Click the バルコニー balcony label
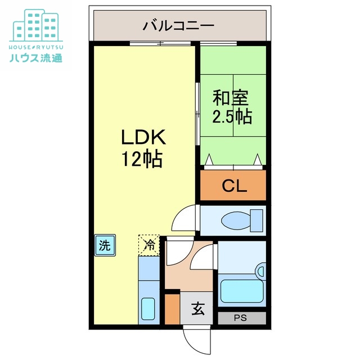[x=178, y=25]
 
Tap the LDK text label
[x=142, y=138]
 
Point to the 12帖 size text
[x=142, y=160]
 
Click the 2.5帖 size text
[x=231, y=117]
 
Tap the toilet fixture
[x=241, y=219]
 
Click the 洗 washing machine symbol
[x=105, y=245]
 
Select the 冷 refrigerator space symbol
[x=149, y=245]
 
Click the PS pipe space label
[x=241, y=318]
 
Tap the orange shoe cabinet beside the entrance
[x=172, y=308]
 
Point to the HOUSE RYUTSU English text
[x=36, y=46]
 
